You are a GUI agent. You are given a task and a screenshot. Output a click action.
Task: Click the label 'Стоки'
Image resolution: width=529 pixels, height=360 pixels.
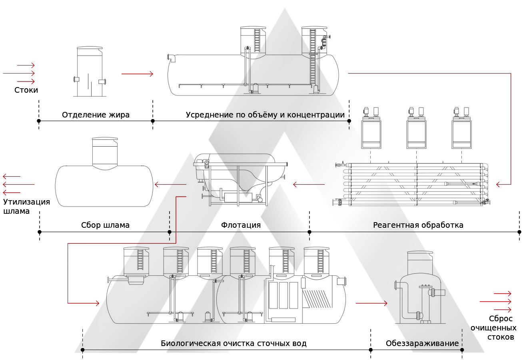coord(26,90)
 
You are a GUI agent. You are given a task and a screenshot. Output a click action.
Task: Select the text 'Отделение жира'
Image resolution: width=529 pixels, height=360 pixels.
coord(96,115)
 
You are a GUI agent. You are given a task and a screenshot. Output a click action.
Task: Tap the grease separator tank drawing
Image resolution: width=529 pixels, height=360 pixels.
coord(90,72)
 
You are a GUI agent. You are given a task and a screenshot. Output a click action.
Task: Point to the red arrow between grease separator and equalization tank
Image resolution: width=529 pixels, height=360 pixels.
coord(137,74)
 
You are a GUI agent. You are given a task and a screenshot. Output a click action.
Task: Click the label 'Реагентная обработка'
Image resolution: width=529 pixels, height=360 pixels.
coord(418,225)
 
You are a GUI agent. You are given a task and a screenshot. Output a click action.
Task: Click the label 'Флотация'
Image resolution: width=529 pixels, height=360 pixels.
coord(241,225)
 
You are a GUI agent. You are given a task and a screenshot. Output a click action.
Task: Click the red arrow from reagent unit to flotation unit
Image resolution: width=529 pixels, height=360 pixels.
coord(309,185)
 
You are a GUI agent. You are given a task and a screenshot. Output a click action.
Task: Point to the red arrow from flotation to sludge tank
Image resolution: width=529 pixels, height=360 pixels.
coord(171,185)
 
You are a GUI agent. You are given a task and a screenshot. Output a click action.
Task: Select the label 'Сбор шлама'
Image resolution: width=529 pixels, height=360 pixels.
coord(105,225)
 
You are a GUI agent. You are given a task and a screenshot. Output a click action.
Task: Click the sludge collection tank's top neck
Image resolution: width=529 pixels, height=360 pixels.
coord(105,151)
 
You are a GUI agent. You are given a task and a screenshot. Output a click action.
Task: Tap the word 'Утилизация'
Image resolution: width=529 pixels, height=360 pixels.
coord(26,202)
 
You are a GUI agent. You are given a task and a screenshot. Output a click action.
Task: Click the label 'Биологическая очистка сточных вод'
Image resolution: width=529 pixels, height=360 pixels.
coord(234,343)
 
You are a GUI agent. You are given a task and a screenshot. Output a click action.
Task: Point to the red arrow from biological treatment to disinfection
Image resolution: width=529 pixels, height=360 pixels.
coord(371,303)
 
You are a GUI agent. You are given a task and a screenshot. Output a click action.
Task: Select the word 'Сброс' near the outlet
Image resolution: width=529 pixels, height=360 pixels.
coord(501,319)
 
